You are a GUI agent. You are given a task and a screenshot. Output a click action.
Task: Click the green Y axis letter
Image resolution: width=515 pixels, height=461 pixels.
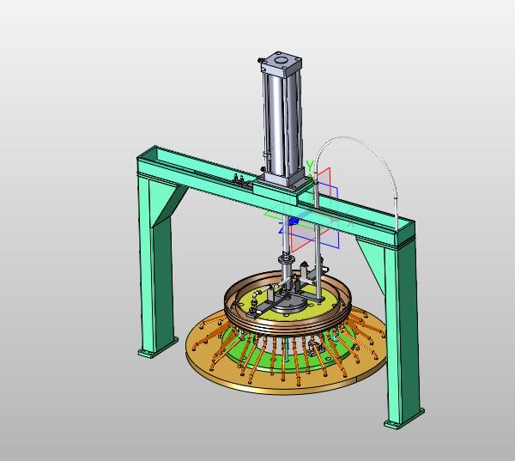point(310,166)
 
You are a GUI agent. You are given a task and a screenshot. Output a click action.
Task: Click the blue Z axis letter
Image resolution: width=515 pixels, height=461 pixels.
point(282,228)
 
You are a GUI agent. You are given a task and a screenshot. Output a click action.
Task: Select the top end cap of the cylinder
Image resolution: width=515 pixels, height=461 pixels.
point(282,62)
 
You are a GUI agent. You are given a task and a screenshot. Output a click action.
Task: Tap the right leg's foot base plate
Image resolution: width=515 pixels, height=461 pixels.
point(404,420)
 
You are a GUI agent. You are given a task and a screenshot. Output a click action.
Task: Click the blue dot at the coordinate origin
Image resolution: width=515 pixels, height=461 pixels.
point(294,221)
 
